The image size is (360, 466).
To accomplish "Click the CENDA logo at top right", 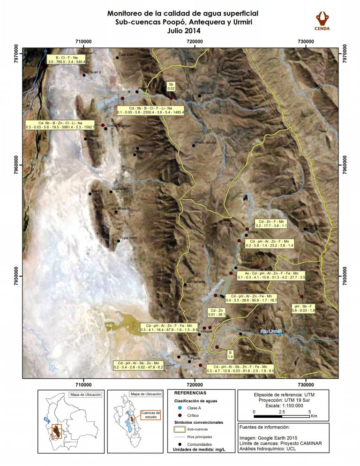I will click(322, 21).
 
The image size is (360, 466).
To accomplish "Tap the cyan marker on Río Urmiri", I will click(279, 335).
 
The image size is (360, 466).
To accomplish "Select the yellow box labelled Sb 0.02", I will click(171, 86).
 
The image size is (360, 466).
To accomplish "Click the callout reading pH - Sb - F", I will click(303, 308).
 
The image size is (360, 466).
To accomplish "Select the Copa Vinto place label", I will click(128, 238).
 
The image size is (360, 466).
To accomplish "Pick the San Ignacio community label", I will click(196, 281).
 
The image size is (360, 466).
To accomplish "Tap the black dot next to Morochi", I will click(116, 212).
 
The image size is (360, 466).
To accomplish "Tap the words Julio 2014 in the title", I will click(183, 31).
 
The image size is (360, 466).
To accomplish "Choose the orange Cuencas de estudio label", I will click(151, 414).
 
